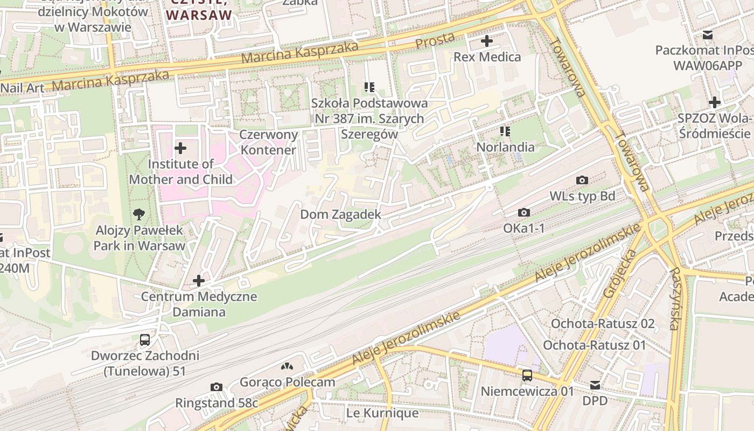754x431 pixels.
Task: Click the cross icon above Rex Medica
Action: click(486, 41)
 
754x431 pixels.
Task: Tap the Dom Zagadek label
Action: click(340, 214)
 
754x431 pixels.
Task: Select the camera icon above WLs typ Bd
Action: click(582, 180)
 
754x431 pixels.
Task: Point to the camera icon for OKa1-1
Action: click(523, 213)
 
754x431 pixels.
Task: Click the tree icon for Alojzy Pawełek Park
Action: click(139, 214)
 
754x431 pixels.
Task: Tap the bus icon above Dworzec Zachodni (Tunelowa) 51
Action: click(145, 340)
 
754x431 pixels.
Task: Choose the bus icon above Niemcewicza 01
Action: click(527, 376)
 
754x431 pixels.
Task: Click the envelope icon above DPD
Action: click(595, 385)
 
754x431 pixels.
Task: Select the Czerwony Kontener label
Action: click(268, 142)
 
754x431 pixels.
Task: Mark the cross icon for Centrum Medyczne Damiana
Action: click(199, 281)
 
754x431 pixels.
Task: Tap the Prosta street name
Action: click(435, 40)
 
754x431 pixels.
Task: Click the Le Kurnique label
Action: click(382, 413)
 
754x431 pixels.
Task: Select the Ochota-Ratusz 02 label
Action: click(602, 324)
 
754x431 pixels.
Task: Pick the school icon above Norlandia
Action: click(505, 131)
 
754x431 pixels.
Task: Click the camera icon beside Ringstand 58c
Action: click(217, 387)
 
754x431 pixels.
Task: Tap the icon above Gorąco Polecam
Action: click(287, 366)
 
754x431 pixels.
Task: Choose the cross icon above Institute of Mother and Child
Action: click(180, 148)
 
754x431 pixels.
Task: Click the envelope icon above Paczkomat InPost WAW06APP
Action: click(707, 35)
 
